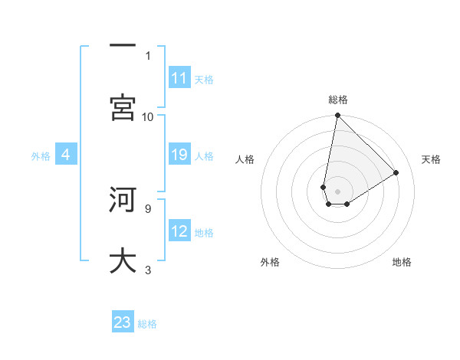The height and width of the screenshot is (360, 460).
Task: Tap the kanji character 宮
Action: tap(123, 107)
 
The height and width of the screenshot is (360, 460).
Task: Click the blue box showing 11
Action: tap(179, 78)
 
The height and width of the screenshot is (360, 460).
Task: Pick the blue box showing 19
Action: tap(179, 155)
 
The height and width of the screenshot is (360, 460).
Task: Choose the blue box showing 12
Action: tap(179, 232)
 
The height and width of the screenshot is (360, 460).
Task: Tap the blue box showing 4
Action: tap(66, 155)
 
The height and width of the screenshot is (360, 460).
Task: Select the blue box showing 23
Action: tap(123, 323)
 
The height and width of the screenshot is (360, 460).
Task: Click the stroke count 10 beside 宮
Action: tap(148, 116)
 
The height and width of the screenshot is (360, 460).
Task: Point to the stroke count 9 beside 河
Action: tap(147, 208)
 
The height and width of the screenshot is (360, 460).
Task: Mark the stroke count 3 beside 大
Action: tap(147, 270)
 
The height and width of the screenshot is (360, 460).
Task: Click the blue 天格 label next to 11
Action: tap(204, 79)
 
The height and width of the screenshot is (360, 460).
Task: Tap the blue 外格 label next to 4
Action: tap(41, 156)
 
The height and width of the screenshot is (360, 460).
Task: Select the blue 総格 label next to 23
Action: tap(147, 324)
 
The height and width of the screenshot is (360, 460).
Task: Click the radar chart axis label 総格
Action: tap(338, 100)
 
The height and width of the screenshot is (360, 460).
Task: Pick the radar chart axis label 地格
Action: tap(402, 262)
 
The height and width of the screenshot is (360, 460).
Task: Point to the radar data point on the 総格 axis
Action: tap(337, 116)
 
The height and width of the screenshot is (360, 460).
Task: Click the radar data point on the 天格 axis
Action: tap(396, 172)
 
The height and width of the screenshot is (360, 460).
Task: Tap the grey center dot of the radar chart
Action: tap(337, 191)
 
